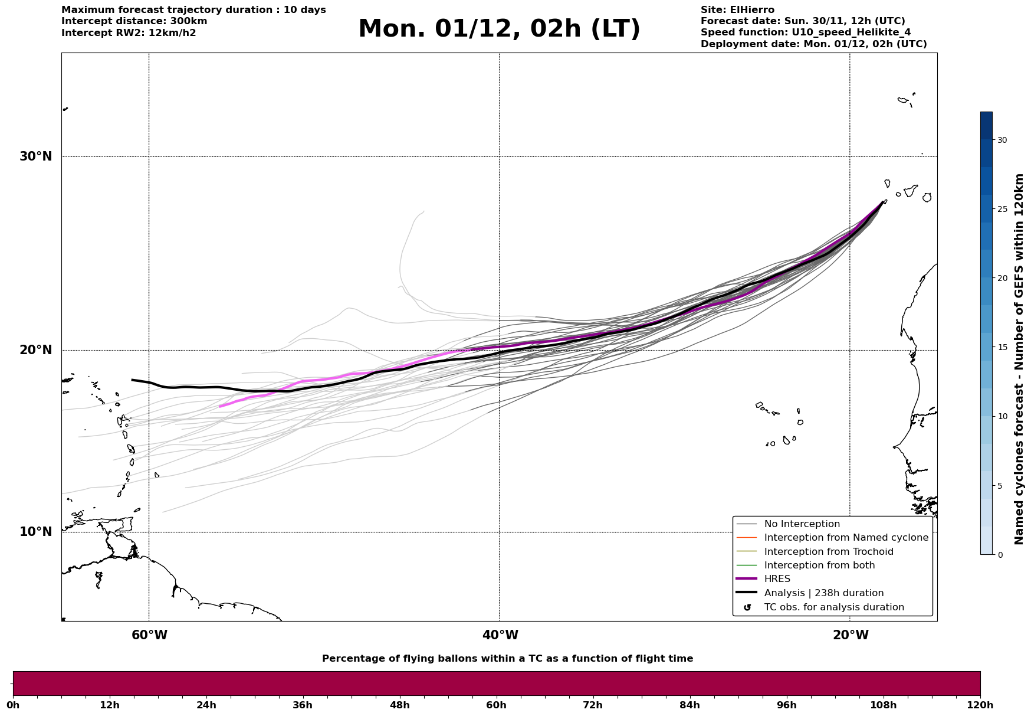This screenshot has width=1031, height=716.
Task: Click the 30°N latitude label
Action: tap(35, 156)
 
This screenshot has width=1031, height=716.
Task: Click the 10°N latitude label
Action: tap(35, 532)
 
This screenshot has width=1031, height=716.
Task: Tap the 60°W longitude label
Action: tap(149, 635)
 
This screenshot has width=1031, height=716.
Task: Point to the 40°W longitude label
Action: tap(500, 635)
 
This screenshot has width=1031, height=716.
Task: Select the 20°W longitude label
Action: tap(851, 635)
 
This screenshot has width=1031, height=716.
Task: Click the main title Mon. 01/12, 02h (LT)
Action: tap(499, 29)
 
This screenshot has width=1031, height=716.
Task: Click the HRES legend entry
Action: tap(777, 579)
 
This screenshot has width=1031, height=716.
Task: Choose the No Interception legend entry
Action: tap(802, 524)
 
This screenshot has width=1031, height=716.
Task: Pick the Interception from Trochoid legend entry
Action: tap(828, 552)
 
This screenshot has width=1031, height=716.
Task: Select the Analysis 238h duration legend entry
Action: tap(823, 593)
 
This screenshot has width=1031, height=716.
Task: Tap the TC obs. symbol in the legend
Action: tap(747, 607)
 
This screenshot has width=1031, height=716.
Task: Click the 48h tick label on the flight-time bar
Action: tap(399, 705)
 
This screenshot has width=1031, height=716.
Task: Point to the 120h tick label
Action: tap(980, 705)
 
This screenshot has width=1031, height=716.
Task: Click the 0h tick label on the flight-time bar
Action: tap(13, 705)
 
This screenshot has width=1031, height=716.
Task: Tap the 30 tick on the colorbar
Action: tap(1002, 140)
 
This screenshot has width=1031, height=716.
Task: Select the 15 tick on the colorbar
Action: tap(1002, 347)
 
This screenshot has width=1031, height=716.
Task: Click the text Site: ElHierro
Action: tap(737, 10)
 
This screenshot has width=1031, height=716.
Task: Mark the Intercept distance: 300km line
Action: tap(134, 21)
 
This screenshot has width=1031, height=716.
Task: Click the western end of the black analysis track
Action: tap(132, 380)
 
